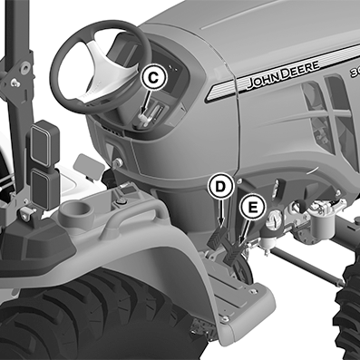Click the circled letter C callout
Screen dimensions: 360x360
click(x=154, y=78)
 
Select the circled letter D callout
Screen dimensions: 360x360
click(x=221, y=187)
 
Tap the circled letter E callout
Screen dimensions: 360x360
click(x=253, y=208)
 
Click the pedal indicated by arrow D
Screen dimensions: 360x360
click(x=216, y=238)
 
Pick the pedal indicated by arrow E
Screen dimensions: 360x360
click(x=233, y=253)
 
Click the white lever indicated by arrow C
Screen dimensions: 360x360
click(x=144, y=120)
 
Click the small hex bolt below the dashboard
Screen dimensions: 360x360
click(x=118, y=163)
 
